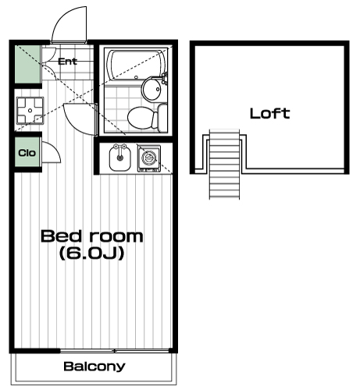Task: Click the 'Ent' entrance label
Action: [x=67, y=62]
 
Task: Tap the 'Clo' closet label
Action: [x=27, y=153]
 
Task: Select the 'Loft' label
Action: [x=270, y=114]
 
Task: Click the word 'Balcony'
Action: [x=94, y=367]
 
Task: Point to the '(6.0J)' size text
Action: [x=91, y=253]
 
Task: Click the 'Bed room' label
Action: [x=92, y=236]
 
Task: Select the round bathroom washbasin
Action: [x=152, y=88]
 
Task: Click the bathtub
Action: [x=136, y=65]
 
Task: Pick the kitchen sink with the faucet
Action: [x=119, y=158]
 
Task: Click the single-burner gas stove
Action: [x=149, y=158]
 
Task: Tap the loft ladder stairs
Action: [x=224, y=165]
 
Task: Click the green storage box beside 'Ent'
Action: [x=27, y=65]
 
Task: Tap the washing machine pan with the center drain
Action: [x=30, y=111]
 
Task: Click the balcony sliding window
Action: [x=115, y=351]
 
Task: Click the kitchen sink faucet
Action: [x=119, y=150]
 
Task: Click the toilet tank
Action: [x=162, y=117]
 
